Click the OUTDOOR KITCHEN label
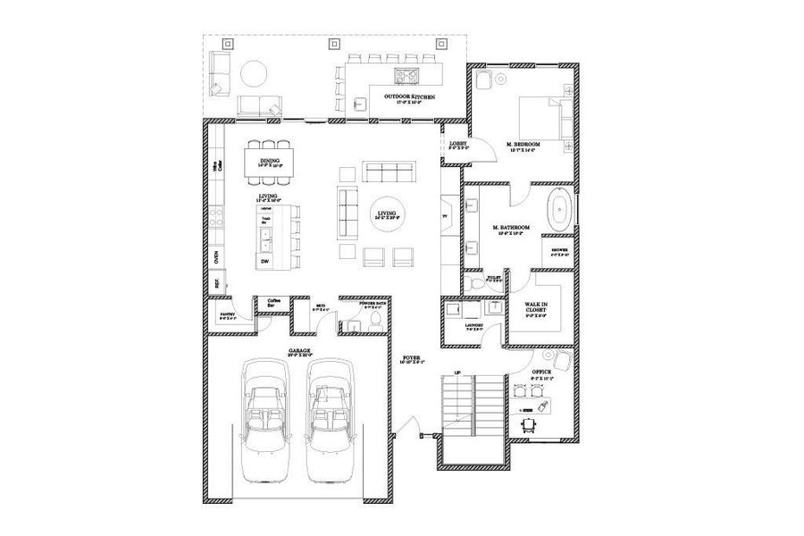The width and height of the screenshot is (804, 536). (x=410, y=96)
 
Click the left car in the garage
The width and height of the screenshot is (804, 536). (x=264, y=418)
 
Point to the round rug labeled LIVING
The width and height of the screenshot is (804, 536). (x=387, y=214)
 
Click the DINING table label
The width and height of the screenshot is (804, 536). (x=270, y=162)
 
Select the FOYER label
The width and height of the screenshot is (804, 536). (x=411, y=358)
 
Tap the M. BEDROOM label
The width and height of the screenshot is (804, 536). (x=522, y=145)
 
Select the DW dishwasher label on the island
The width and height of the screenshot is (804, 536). (x=265, y=261)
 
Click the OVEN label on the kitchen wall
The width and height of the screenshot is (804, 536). (x=215, y=257)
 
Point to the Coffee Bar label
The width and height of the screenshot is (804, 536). (x=273, y=302)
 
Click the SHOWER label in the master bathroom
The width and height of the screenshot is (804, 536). (x=559, y=250)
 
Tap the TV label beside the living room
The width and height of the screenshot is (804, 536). (x=445, y=216)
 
